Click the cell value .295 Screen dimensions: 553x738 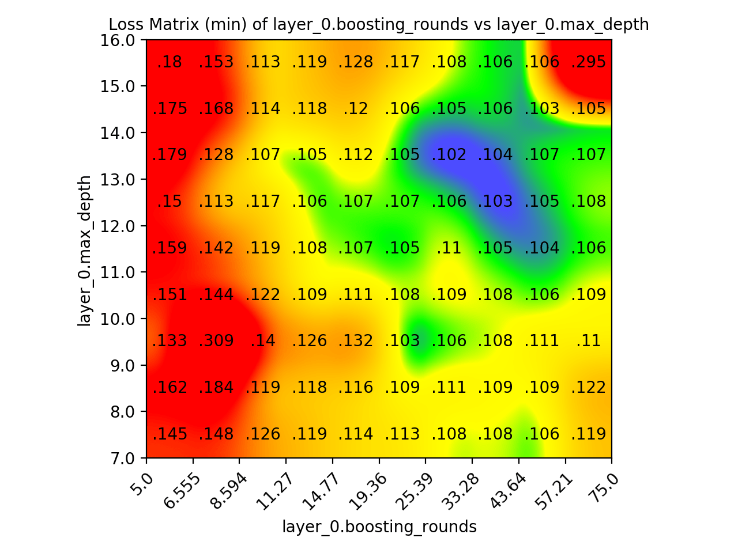[x=588, y=62]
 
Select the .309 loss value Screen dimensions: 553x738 [x=216, y=341]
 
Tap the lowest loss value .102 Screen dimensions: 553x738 [x=449, y=155]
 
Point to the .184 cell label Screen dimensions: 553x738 [x=216, y=388]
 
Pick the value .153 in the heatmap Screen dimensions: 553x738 [x=216, y=62]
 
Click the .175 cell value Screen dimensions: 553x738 [x=170, y=109]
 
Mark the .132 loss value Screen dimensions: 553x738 [x=356, y=341]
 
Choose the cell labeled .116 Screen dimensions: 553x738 [x=356, y=388]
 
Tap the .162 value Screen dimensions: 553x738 [x=170, y=388]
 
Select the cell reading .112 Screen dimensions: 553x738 [x=356, y=155]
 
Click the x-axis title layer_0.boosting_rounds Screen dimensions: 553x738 [x=379, y=527]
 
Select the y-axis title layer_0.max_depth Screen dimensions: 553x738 [x=85, y=250]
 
